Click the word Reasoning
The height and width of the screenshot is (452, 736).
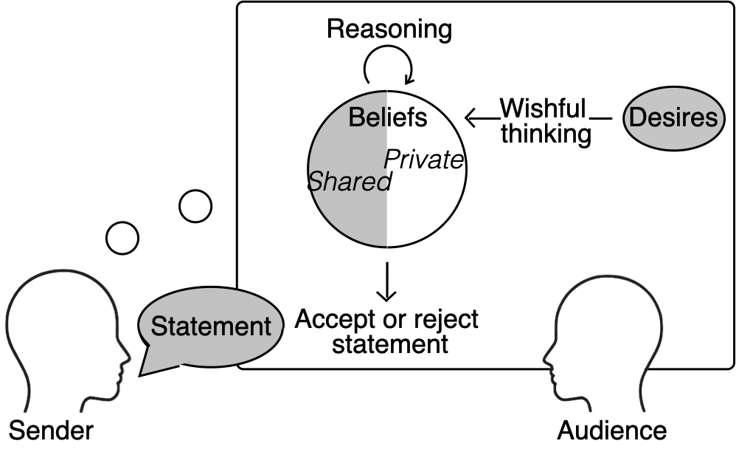pos(389,30)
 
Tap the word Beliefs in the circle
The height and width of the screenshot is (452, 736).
pos(387,117)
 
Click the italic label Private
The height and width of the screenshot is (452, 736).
pos(425,160)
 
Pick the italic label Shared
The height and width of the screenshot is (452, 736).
pos(348,182)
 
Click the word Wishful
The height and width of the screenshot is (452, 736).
pos(543,109)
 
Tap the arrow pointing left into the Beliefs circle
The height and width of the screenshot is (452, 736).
pos(482,117)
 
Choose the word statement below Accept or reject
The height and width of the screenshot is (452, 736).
pos(389,345)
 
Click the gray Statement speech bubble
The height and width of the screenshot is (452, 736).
pos(210,327)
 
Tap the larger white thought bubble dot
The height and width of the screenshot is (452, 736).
pos(195,206)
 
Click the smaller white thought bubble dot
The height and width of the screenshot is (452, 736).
pos(122,238)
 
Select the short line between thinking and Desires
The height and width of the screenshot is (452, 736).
pos(603,118)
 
